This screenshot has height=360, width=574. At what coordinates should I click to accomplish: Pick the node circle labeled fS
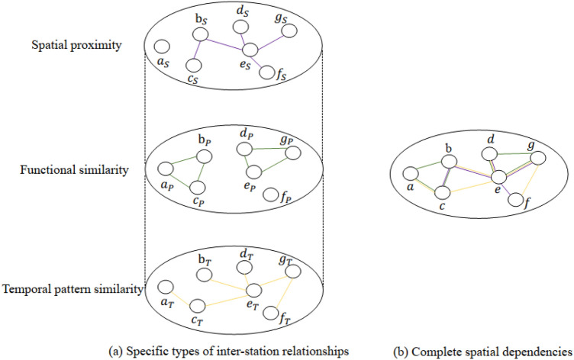coord(267,73)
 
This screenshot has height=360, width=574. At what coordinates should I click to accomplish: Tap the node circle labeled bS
coord(200,35)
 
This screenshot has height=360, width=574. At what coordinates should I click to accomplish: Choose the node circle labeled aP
coord(163,169)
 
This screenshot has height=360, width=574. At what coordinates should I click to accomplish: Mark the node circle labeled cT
coord(198,306)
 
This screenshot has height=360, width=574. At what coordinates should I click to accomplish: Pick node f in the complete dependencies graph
coord(515,201)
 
